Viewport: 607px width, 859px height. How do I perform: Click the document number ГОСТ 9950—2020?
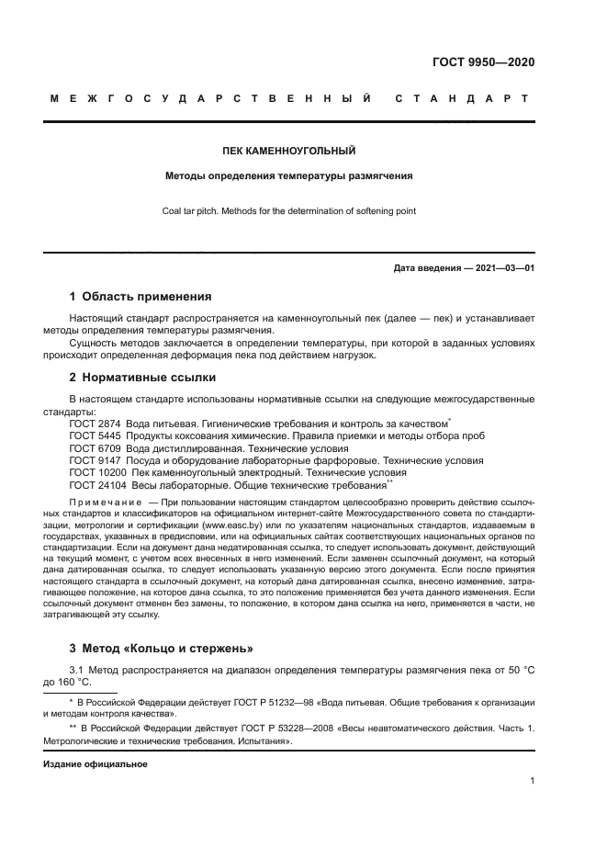point(484,62)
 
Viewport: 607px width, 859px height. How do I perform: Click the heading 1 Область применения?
point(141,297)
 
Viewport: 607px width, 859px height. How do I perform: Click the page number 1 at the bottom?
point(533,782)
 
